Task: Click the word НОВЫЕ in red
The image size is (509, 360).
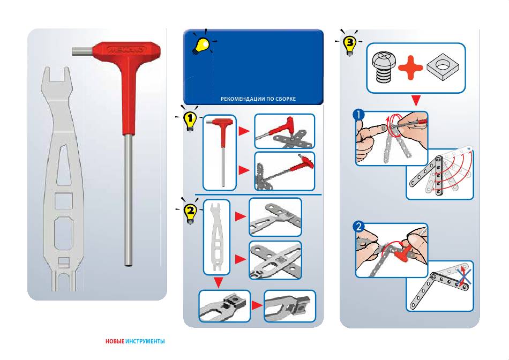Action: click(115, 341)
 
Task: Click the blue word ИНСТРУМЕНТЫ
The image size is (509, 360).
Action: click(145, 341)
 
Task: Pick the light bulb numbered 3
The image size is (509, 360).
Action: click(350, 46)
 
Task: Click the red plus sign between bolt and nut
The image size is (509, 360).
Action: click(410, 67)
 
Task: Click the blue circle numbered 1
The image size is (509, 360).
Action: click(358, 115)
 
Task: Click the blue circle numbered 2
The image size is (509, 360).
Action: click(358, 226)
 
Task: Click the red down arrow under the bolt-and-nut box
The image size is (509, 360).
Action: click(416, 100)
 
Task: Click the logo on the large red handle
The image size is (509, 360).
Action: click(126, 50)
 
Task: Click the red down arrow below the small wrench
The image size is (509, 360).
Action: click(218, 282)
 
